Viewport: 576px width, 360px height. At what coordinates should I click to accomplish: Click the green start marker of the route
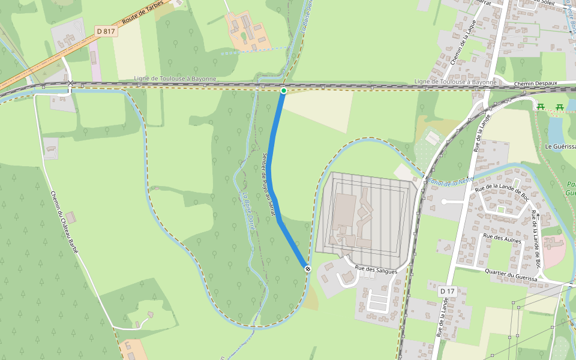pos(283,91)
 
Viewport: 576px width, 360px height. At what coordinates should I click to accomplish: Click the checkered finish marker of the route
pos(307,269)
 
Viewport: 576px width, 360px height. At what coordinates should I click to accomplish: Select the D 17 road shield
pos(447,291)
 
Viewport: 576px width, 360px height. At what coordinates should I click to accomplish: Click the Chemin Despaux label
pos(536,83)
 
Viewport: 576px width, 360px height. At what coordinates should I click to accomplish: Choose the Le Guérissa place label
pos(560,146)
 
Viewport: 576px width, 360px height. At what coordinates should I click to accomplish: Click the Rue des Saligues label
pos(376,271)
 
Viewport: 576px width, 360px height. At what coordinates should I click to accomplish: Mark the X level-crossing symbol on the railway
pos(71,83)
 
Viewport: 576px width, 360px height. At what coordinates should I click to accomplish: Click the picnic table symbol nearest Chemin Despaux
pos(541,107)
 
